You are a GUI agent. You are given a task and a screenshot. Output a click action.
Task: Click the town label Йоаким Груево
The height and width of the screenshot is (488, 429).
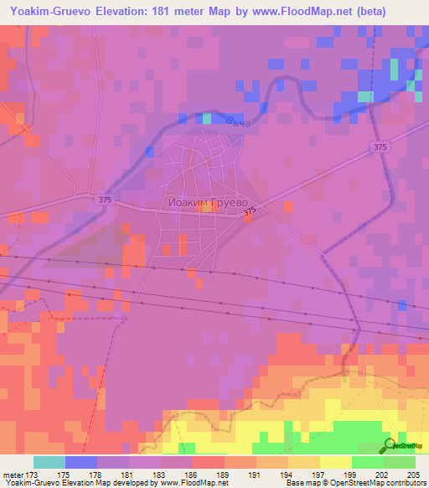[x=204, y=202]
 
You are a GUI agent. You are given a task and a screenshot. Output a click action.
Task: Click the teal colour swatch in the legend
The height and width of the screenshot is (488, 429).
[x=49, y=462]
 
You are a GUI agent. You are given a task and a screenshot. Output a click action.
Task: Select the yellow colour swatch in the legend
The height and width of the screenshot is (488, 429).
[x=335, y=462]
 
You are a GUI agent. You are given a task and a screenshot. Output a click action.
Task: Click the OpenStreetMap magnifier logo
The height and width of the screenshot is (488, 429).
[x=390, y=445]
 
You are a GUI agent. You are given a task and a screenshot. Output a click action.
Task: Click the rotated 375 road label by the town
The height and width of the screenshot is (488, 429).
[x=248, y=215]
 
